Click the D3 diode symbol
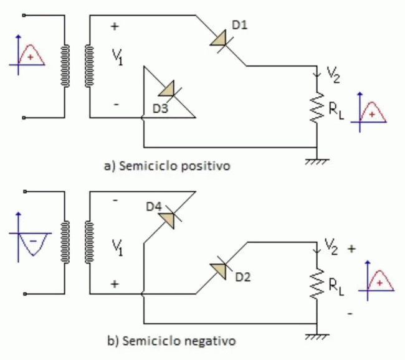167,90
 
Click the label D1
239,26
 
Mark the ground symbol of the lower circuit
317,337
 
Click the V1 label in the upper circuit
118,57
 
